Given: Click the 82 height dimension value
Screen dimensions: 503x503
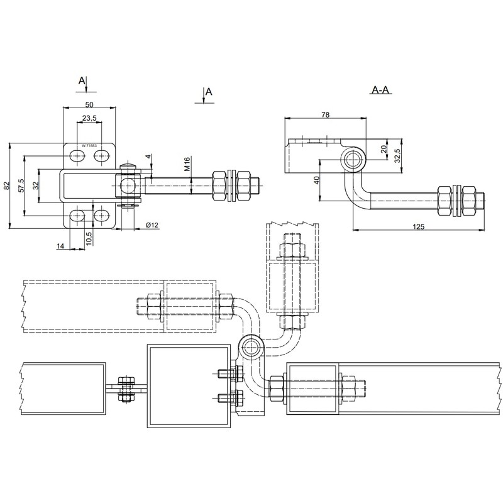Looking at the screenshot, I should (6, 185).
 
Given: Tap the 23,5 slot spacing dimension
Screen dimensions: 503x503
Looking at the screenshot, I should (89, 118).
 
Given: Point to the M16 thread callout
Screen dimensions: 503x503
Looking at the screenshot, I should (187, 165).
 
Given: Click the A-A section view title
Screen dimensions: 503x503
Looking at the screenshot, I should (380, 91).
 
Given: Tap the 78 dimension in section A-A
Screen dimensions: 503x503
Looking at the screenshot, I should (326, 115).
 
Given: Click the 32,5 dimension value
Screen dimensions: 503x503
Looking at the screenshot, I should (397, 155).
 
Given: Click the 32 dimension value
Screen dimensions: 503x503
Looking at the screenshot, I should (35, 185).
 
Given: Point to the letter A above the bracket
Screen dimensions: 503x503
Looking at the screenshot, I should (81, 80).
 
